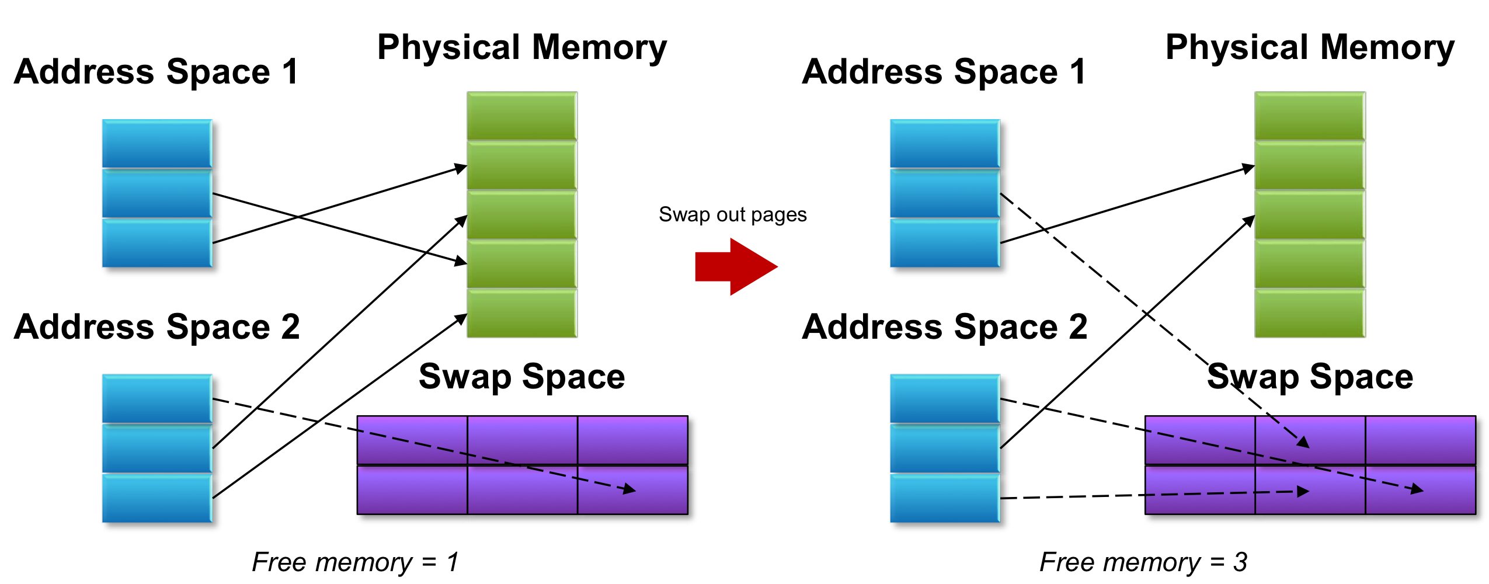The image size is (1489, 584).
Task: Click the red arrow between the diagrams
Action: click(736, 266)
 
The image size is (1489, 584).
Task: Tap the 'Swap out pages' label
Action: click(733, 215)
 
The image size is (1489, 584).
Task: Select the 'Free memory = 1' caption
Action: click(355, 562)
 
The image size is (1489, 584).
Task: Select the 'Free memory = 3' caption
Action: click(1143, 562)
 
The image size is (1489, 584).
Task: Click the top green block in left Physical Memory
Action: click(522, 116)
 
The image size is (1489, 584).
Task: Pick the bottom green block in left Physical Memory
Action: click(522, 313)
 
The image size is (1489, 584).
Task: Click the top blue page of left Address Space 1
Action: click(157, 144)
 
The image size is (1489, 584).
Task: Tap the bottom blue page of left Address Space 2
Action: click(157, 498)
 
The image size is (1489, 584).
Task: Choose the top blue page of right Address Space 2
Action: click(945, 398)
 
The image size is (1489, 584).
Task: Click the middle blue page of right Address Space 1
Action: click(945, 193)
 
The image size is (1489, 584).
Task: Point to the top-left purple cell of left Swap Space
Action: click(412, 440)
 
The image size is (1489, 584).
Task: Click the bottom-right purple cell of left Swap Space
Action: click(633, 489)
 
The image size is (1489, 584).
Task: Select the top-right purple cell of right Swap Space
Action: click(1420, 440)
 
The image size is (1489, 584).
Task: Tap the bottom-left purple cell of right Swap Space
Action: click(1200, 489)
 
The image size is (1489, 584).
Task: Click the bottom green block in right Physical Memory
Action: click(1310, 313)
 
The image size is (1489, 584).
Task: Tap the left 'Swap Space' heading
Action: click(522, 377)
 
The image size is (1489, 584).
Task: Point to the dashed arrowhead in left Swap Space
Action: click(629, 489)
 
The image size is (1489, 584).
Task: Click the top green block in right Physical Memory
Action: click(1310, 116)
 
